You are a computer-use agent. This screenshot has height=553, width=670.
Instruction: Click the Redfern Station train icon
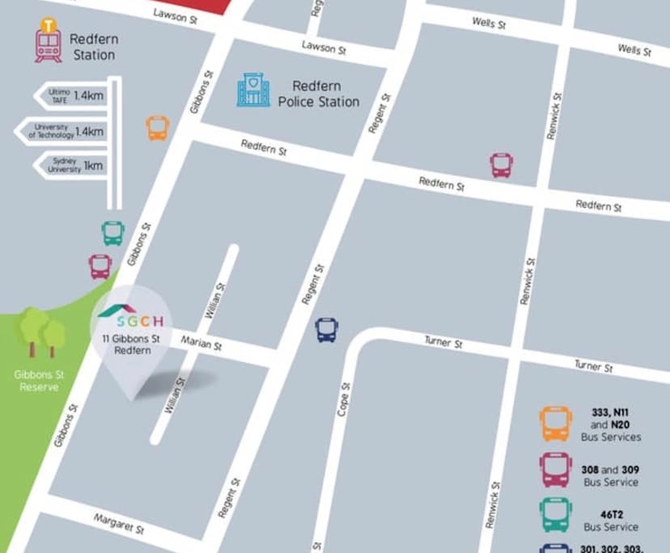pos(48,42)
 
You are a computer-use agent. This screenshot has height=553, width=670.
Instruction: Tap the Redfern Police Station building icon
pos(253,90)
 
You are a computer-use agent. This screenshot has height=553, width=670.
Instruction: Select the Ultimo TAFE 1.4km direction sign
pos(71,95)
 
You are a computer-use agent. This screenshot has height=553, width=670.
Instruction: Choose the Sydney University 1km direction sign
pos(71,166)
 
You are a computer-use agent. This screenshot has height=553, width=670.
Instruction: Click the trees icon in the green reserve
pos(41,331)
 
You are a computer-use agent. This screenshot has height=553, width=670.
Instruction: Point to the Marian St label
pos(201,344)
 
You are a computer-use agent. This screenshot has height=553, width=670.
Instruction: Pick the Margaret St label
pos(118,524)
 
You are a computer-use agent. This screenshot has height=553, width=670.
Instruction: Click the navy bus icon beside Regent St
pos(326,329)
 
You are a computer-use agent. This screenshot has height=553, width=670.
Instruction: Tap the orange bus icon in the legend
pos(556,424)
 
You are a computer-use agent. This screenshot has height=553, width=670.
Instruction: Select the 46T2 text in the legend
pos(610,513)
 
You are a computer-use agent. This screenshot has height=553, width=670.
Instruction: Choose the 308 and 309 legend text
pos(610,475)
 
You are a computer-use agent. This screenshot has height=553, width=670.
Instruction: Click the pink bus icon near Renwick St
pos(502,165)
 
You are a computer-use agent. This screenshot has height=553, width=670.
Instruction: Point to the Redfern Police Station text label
pos(319,94)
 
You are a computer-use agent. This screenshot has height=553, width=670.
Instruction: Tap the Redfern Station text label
pos(92,46)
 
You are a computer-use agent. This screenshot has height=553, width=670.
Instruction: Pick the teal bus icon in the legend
pos(556,514)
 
